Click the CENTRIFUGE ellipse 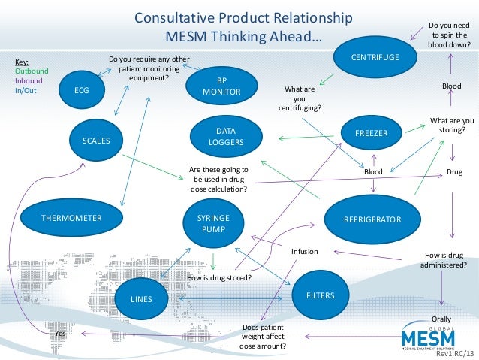tap(375, 58)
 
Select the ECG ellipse tap(81, 91)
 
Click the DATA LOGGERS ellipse tap(226, 135)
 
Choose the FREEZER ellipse tap(372, 133)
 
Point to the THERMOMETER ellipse tap(71, 218)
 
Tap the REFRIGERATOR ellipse tap(372, 219)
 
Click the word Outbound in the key tap(32, 71)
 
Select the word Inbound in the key tap(29, 80)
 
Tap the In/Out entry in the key tap(26, 89)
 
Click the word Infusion tap(305, 252)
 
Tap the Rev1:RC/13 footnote tap(455, 353)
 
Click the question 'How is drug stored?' tap(218, 278)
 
